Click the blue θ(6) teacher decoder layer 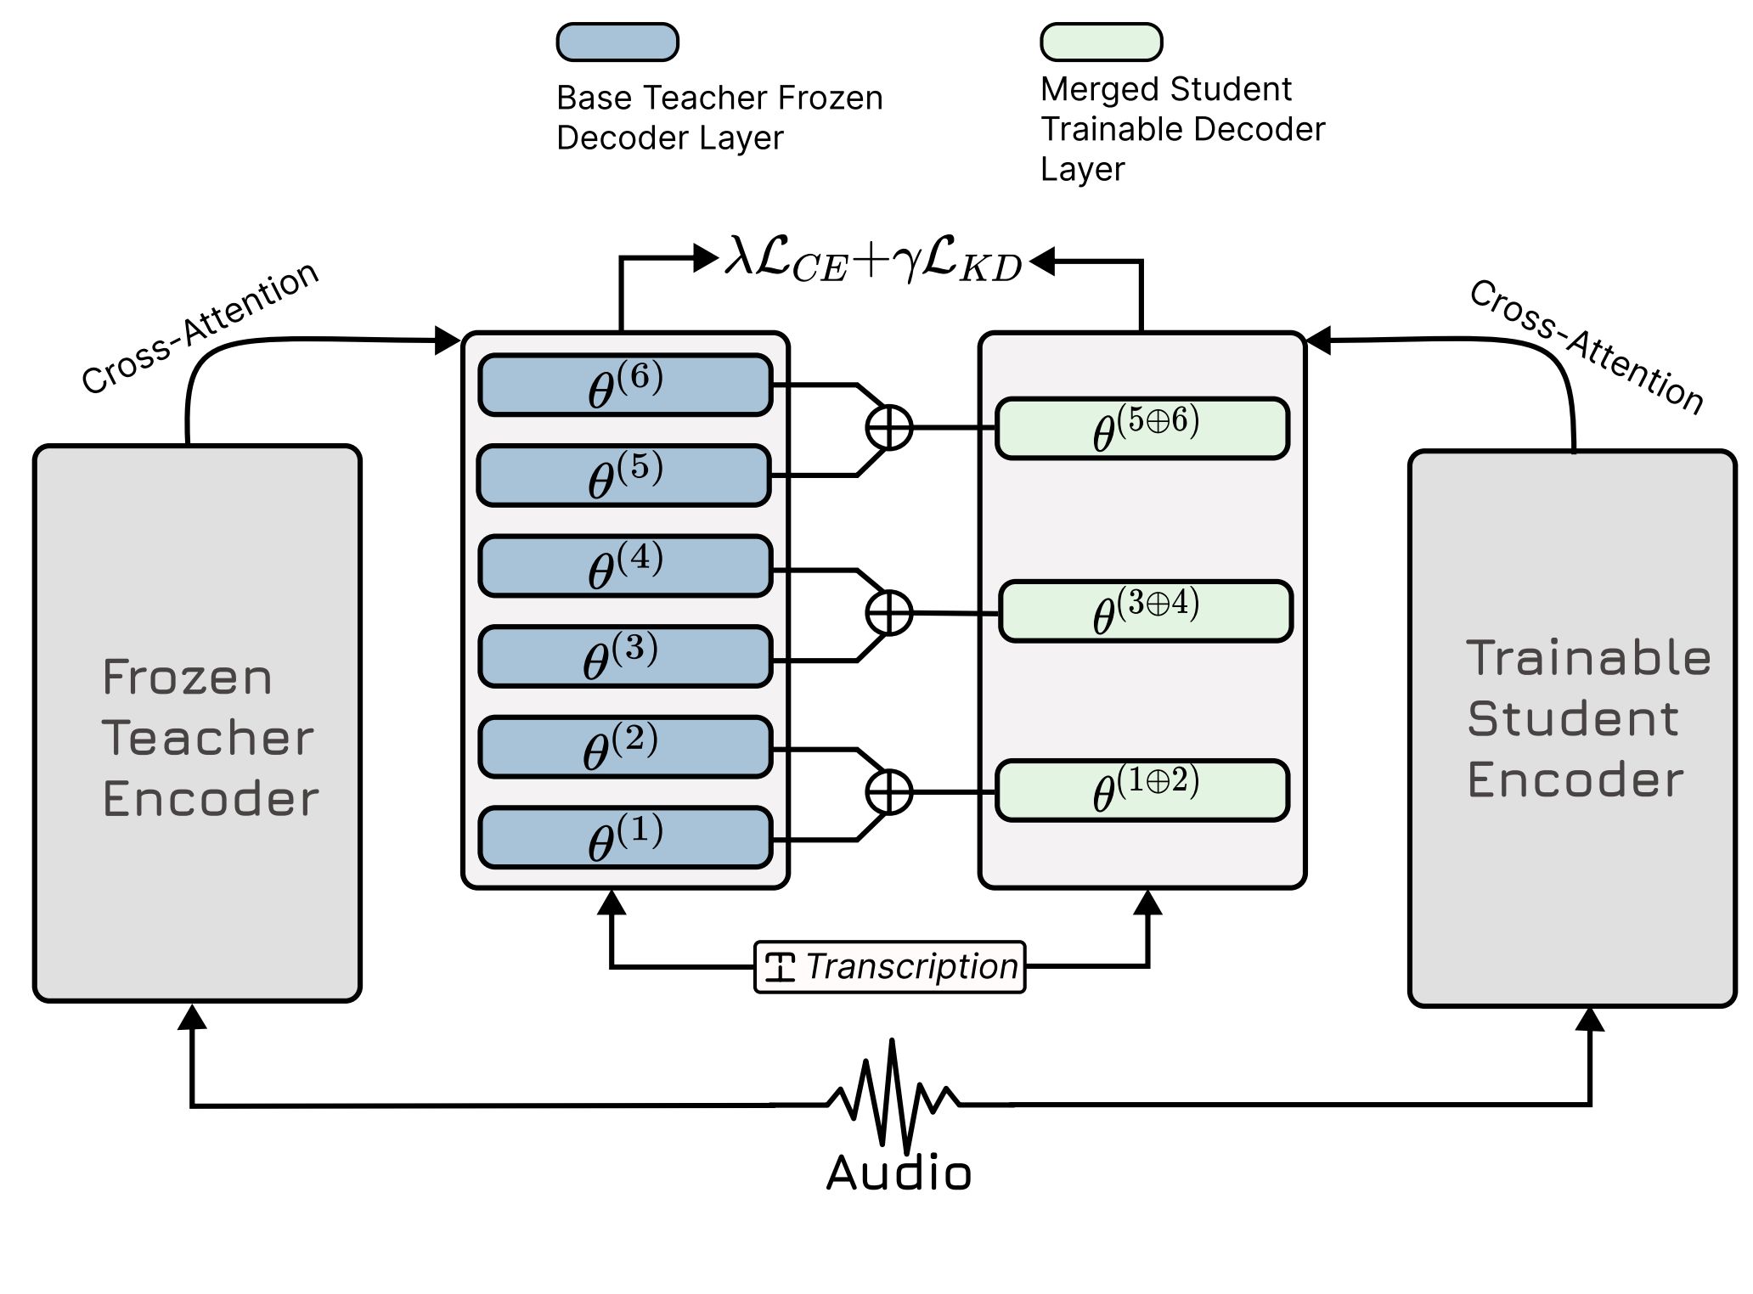click(x=625, y=385)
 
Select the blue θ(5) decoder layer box click(x=624, y=476)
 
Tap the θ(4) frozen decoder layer click(x=625, y=566)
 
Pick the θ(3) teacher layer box click(x=625, y=657)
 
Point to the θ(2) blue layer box click(x=625, y=748)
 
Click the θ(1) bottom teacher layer click(x=625, y=838)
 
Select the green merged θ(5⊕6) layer click(x=1142, y=429)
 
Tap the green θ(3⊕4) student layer click(x=1146, y=611)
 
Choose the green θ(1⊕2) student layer click(x=1142, y=791)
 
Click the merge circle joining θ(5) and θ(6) click(x=889, y=427)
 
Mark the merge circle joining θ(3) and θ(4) click(x=889, y=613)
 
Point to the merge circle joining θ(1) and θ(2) click(x=889, y=792)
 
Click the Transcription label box click(x=890, y=967)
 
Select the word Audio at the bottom click(x=899, y=1174)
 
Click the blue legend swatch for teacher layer click(x=617, y=42)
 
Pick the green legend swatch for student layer click(x=1102, y=42)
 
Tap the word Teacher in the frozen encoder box click(x=208, y=737)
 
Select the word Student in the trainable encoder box click(x=1573, y=719)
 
